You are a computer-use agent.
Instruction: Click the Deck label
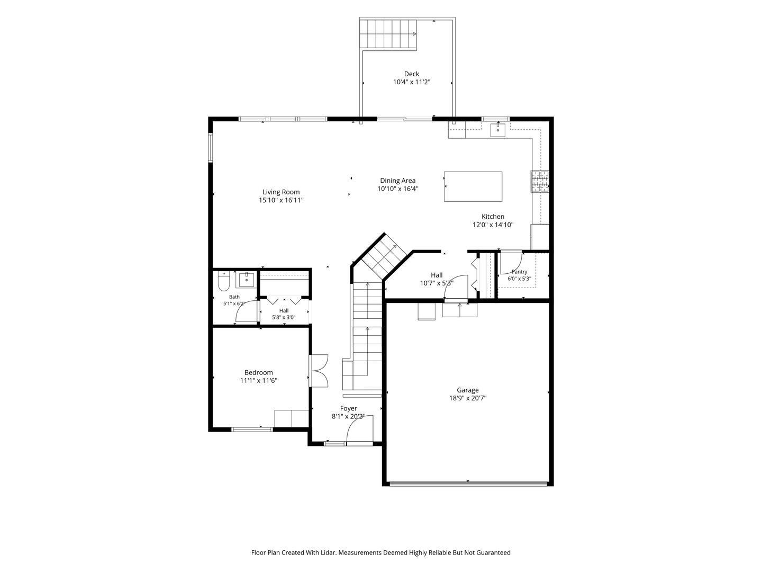coord(411,74)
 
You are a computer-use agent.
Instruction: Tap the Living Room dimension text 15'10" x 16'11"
coord(281,200)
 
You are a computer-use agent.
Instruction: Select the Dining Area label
coord(397,181)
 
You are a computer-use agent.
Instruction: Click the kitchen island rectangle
coord(473,186)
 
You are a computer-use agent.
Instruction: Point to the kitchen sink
coord(498,129)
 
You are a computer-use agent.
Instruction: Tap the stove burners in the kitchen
coord(539,181)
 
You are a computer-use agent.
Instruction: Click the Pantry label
coord(519,272)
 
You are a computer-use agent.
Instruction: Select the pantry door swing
coord(511,263)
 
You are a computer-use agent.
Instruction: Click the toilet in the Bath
coord(224,281)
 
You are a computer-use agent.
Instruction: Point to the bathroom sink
coord(246,280)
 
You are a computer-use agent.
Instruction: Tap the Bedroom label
coord(259,372)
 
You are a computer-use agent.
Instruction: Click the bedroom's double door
coord(319,371)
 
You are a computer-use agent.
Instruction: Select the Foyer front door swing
coord(360,429)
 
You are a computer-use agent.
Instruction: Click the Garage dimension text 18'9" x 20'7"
coord(468,398)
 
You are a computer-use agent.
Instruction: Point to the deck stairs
coord(388,34)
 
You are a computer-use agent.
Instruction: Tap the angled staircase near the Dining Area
coord(384,255)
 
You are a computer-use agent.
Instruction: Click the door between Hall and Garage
coord(456,288)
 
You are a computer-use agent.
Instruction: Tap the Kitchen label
coord(493,217)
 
